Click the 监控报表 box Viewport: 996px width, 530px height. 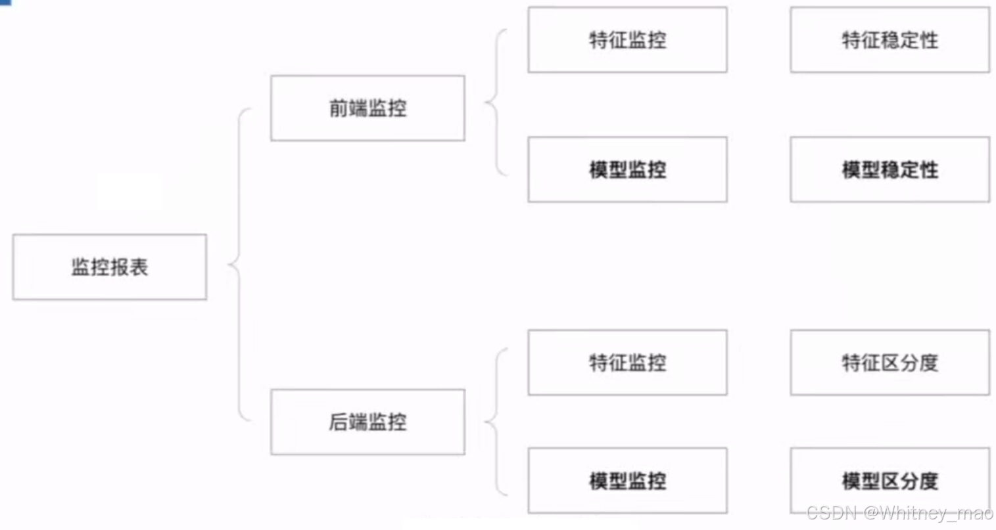click(x=109, y=267)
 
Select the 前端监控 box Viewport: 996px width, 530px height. click(x=368, y=108)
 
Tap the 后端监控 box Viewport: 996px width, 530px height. click(x=368, y=422)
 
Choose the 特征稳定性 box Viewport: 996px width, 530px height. click(x=889, y=39)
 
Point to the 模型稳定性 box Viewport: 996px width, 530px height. click(x=889, y=169)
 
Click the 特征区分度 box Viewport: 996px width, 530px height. click(x=889, y=363)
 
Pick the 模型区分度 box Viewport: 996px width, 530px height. click(x=889, y=481)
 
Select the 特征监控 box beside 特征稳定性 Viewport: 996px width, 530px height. click(x=627, y=39)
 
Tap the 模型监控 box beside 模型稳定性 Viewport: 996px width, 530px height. click(x=627, y=169)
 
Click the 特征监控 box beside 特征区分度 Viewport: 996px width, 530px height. click(x=627, y=363)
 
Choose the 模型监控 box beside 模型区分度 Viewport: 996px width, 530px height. click(x=627, y=481)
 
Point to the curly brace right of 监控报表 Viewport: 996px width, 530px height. click(x=238, y=265)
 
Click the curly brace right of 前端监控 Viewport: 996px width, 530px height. click(x=495, y=102)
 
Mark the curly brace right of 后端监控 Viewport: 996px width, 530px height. click(x=495, y=422)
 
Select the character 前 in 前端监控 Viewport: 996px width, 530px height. click(x=339, y=108)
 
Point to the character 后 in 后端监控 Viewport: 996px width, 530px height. click(x=339, y=422)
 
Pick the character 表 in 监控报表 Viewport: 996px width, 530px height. click(x=139, y=267)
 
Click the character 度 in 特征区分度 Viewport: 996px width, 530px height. click(x=928, y=363)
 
